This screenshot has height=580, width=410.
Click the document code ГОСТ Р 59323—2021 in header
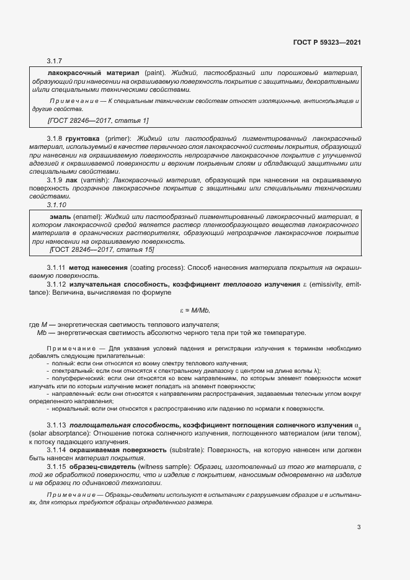(x=327, y=42)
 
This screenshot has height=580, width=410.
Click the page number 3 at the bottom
(x=359, y=527)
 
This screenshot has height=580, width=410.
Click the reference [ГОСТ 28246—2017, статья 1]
(x=98, y=120)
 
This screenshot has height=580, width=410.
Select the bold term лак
(x=70, y=179)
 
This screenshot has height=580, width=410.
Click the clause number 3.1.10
(x=56, y=204)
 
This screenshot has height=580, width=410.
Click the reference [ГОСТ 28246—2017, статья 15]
(x=101, y=249)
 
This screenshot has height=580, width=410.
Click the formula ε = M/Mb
(x=199, y=310)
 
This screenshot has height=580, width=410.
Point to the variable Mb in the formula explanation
(x=42, y=332)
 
